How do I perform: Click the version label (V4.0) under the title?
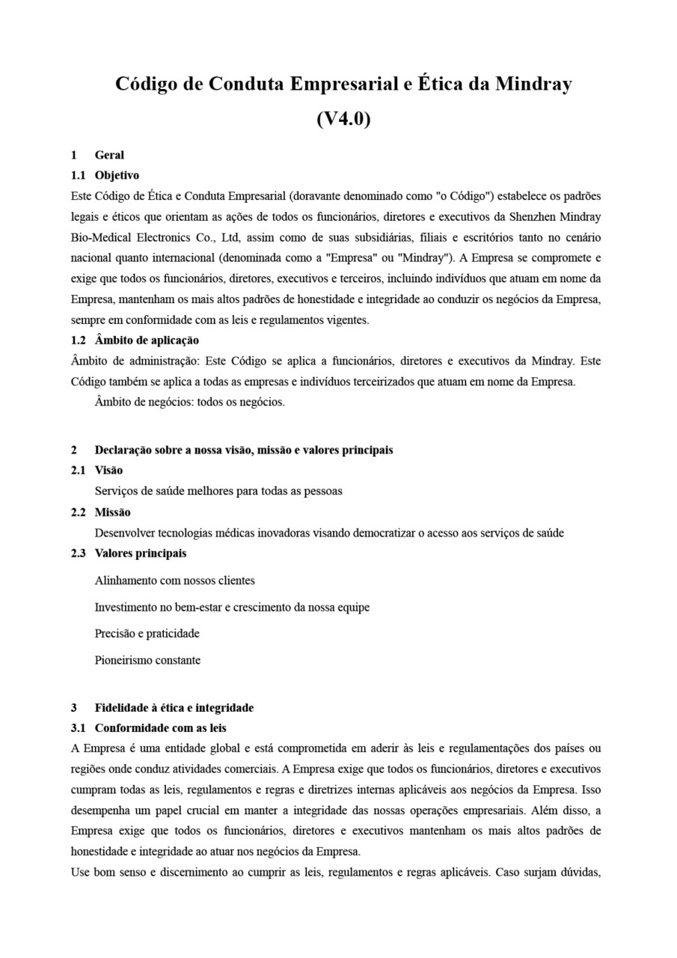coord(343,118)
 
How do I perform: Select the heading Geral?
coord(109,155)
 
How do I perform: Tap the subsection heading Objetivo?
coord(117,175)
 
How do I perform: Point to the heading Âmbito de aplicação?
coord(147,340)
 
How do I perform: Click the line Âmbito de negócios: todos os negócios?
coord(189,402)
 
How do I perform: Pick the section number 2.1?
coord(78,470)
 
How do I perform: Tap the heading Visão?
coord(108,470)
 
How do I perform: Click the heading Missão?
coord(112,512)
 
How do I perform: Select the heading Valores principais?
coord(141,553)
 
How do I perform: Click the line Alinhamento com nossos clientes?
coord(174,580)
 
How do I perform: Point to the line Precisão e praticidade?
coord(147,633)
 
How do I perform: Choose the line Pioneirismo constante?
coord(147,660)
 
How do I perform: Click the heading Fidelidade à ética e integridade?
coord(174,707)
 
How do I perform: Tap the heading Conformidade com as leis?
coord(160,727)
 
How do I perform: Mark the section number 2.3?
coord(78,553)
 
